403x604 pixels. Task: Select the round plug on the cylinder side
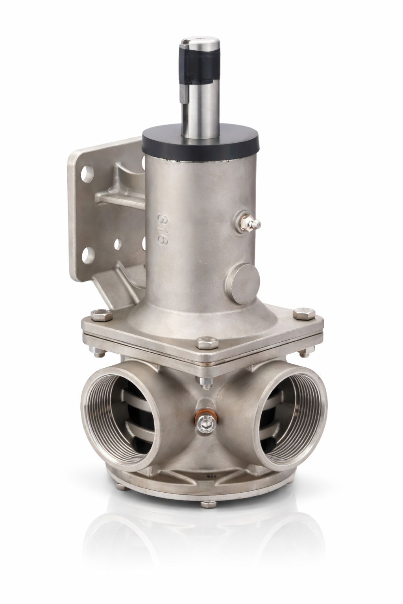[x=242, y=284]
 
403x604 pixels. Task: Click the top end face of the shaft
[x=201, y=41]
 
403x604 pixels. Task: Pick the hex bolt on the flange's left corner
[x=102, y=315]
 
